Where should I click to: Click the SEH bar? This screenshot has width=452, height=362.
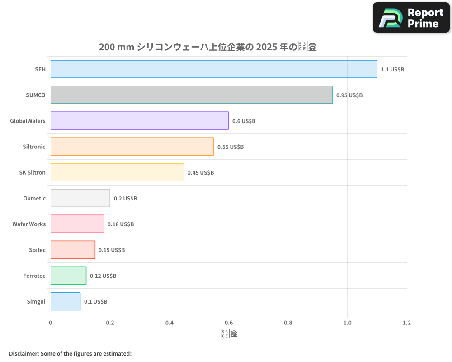coord(213,69)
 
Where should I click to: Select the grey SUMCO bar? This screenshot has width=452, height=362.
coord(191,95)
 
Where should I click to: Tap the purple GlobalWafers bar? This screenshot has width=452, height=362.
coord(139,121)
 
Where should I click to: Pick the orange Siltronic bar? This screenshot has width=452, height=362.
coord(132,147)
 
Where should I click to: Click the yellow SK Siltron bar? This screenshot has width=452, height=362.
coord(117,172)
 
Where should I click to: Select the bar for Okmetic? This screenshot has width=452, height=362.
coord(80,198)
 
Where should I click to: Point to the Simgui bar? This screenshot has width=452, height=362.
coord(65,301)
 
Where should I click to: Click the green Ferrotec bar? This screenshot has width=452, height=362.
coord(68,276)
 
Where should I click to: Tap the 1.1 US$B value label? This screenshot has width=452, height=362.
coord(392,70)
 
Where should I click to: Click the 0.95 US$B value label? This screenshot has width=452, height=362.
coord(349,95)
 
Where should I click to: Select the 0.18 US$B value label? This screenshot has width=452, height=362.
coord(121,224)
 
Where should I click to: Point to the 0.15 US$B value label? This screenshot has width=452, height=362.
coord(112,250)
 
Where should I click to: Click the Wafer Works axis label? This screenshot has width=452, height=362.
coord(29,224)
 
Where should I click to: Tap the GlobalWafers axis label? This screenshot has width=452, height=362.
coord(28,121)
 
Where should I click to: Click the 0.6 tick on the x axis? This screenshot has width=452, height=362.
coord(229,323)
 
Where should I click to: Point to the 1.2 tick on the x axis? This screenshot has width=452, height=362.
coord(407,323)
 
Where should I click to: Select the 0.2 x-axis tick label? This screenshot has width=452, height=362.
coord(110,323)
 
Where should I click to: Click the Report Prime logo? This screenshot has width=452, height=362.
coord(411,18)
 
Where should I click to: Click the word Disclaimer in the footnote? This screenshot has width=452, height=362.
coord(24,353)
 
